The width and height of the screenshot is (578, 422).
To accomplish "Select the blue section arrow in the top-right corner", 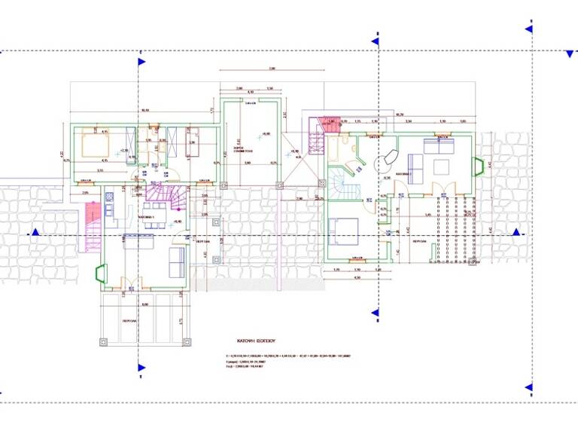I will click(528, 29).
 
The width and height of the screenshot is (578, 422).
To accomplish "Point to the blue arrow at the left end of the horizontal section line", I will click(33, 234).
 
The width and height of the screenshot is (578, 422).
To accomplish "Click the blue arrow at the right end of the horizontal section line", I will click(516, 232).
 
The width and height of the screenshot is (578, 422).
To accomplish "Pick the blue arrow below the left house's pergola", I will click(140, 368).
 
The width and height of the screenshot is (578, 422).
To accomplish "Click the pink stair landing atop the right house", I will click(329, 123).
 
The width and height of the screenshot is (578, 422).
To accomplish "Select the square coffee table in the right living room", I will click(440, 165).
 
